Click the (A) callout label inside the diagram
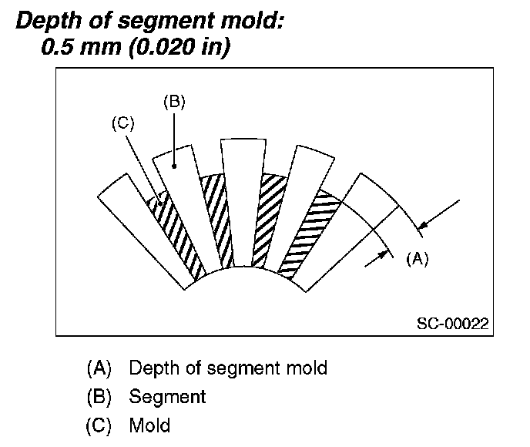click(417, 259)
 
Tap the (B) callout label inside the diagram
click(174, 101)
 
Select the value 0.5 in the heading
click(58, 48)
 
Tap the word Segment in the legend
click(167, 397)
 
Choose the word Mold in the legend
click(149, 425)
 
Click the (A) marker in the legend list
click(99, 368)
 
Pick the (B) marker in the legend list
click(99, 397)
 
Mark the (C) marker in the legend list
click(99, 425)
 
